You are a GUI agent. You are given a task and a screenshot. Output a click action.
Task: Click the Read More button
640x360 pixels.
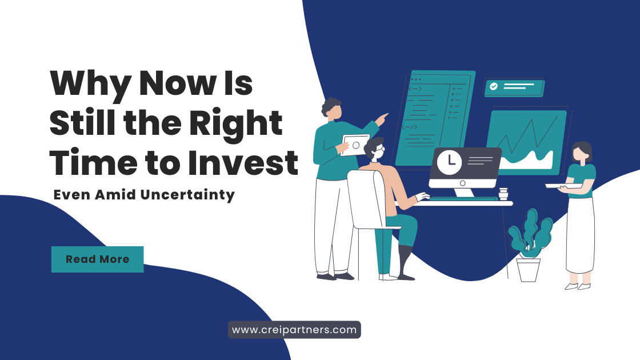[98, 259]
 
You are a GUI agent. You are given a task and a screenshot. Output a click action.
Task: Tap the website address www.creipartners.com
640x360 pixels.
[294, 330]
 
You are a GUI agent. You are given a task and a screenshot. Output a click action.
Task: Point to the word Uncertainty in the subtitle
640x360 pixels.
[188, 195]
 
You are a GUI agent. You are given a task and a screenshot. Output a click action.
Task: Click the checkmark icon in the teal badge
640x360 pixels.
[494, 86]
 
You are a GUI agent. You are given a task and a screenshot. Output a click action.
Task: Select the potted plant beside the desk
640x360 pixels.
[529, 245]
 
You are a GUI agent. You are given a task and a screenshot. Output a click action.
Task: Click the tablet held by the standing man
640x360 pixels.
[355, 145]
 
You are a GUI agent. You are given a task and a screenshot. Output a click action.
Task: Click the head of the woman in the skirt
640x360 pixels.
[582, 152]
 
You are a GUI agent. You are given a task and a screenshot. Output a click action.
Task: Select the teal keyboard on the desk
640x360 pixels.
[463, 199]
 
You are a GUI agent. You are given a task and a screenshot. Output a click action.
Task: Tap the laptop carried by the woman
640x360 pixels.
[565, 186]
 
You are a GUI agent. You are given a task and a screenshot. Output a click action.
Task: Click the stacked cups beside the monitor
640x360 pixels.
[503, 194]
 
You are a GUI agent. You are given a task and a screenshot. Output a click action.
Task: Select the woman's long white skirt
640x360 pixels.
[580, 235]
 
